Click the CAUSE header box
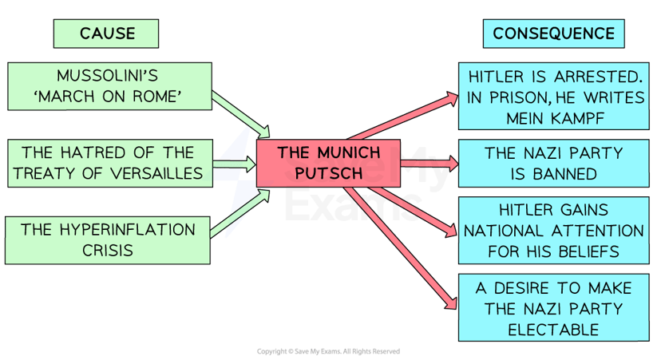pos(106,34)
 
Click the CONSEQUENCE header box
pos(553,34)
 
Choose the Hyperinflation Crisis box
pos(109,239)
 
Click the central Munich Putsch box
pos(329,162)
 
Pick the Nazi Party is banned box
pos(553,162)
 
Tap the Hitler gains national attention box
pos(553,231)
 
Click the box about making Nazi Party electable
pos(553,308)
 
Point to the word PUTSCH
pos(329,172)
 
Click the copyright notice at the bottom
pos(328,351)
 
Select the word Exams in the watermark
pos(351,205)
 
